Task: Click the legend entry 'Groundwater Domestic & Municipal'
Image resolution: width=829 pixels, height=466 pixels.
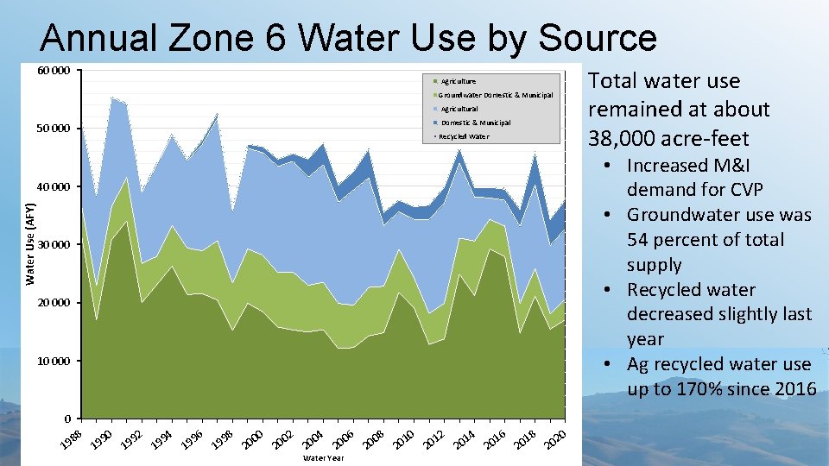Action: coord(495,95)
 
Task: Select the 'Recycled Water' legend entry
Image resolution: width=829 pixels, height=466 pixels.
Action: coord(464,136)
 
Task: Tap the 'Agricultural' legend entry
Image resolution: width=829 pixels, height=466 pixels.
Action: coord(459,109)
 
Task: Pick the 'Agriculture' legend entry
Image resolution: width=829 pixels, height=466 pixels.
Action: coord(458,81)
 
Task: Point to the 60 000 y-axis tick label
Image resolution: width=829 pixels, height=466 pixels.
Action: coord(54,71)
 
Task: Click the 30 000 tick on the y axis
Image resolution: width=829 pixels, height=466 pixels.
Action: coord(54,244)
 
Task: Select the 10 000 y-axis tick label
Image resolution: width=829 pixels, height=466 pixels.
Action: coord(54,361)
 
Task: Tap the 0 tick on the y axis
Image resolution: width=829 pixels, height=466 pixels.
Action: coord(66,419)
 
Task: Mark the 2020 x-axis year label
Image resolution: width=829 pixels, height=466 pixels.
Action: coord(554,438)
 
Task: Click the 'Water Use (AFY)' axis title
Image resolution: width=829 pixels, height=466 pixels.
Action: coord(30,244)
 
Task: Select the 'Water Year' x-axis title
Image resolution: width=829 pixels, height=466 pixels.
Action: coord(323,458)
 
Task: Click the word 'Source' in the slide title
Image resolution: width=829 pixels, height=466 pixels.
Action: coord(597,38)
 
